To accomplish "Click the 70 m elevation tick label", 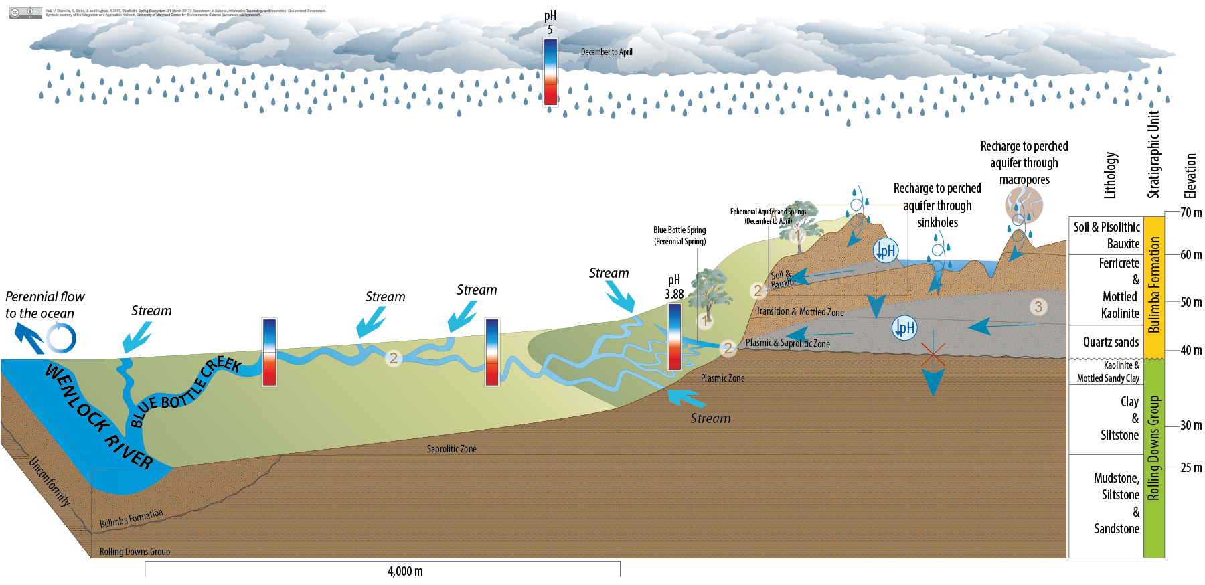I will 1190,213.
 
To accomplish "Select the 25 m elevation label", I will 1190,467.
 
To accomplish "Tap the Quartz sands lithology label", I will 1111,343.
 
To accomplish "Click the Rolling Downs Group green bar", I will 1154,458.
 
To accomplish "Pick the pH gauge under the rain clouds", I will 550,72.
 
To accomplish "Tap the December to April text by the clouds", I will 607,52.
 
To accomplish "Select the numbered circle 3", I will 1038,307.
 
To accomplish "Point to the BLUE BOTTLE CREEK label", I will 185,392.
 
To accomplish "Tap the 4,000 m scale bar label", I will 405,571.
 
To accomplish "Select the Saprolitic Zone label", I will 452,449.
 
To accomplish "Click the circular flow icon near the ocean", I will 61,338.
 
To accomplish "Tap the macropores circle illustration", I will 1024,205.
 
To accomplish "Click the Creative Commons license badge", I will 25,13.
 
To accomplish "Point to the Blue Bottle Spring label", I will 679,236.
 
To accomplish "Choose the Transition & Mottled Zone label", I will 800,312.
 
